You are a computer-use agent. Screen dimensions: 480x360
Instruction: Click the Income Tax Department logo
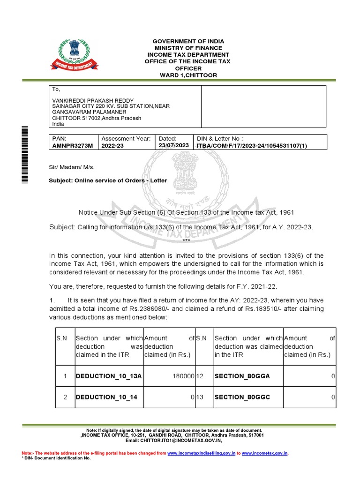(79, 56)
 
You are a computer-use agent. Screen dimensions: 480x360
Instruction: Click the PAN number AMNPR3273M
(71, 146)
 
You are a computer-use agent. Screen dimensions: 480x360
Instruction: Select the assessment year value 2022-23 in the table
(114, 146)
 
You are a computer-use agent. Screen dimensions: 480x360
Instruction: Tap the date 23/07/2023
(174, 145)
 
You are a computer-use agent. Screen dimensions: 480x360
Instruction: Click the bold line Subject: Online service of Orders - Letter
(108, 180)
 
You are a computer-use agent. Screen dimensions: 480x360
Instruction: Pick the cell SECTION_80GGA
(242, 376)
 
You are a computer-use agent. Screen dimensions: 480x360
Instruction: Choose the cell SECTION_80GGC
(242, 397)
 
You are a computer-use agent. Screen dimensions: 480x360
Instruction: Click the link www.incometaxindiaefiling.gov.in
(201, 453)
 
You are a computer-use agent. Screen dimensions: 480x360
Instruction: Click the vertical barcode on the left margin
(25, 155)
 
